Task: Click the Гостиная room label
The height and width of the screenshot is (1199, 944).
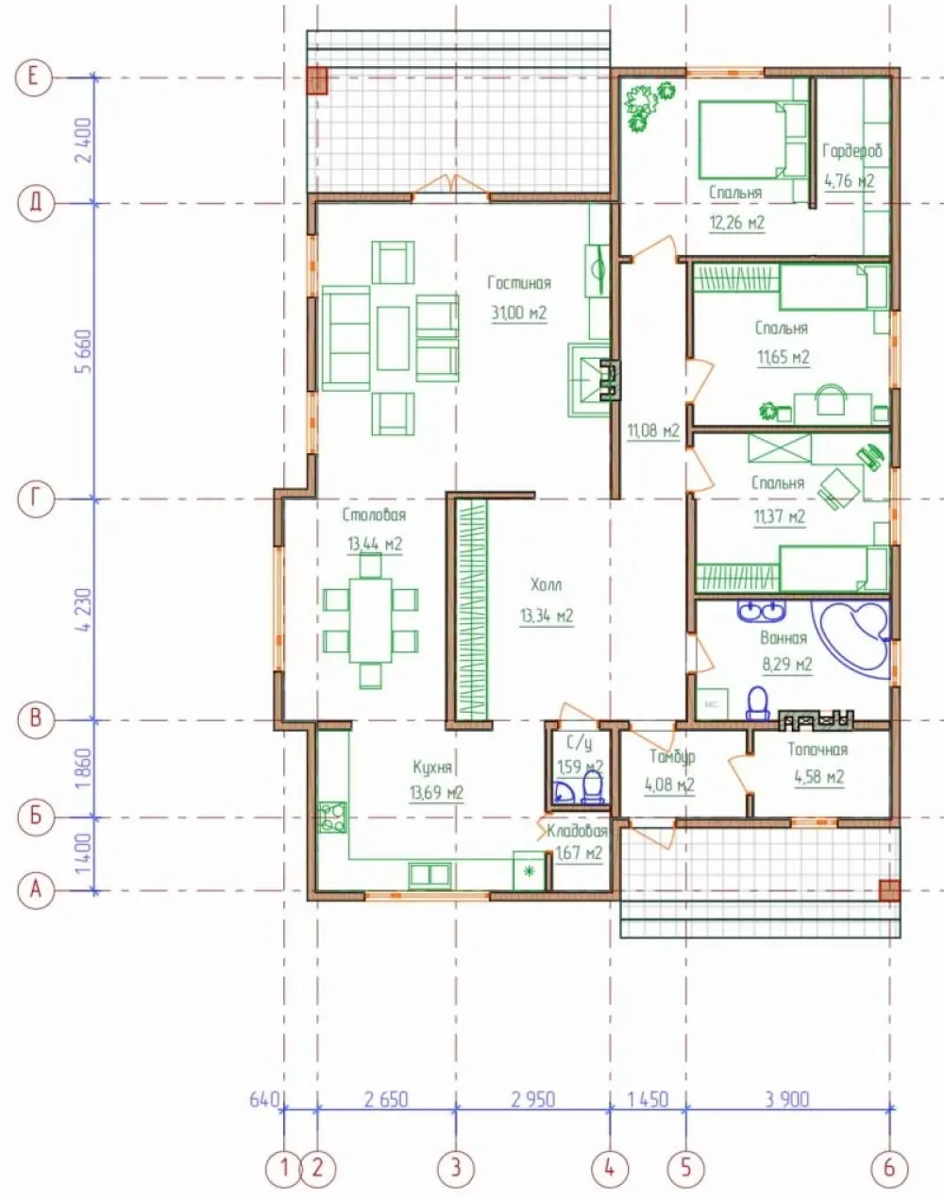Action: pyautogui.click(x=519, y=283)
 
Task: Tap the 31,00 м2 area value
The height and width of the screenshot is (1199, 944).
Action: pyautogui.click(x=519, y=312)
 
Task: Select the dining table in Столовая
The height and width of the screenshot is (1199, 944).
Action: pyautogui.click(x=371, y=620)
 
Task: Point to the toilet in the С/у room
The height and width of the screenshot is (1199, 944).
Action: pyautogui.click(x=593, y=787)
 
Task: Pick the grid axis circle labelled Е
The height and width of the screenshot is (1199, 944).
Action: pyautogui.click(x=33, y=76)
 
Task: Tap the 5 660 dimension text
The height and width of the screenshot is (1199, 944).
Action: pyautogui.click(x=85, y=351)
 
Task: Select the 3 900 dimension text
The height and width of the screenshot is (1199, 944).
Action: pyautogui.click(x=787, y=1099)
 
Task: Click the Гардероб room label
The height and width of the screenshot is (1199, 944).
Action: pyautogui.click(x=852, y=151)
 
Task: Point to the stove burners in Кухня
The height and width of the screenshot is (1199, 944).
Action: pyautogui.click(x=332, y=818)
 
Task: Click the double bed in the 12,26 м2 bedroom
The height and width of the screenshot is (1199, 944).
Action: pyautogui.click(x=752, y=140)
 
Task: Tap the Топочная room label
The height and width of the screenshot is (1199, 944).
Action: pyautogui.click(x=818, y=750)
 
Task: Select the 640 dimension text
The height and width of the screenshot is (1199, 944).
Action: pyautogui.click(x=264, y=1099)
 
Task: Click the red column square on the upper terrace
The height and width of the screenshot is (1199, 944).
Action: pyautogui.click(x=316, y=81)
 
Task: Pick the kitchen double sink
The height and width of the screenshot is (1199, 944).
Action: pyautogui.click(x=430, y=875)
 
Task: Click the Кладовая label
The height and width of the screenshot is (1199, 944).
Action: pyautogui.click(x=577, y=832)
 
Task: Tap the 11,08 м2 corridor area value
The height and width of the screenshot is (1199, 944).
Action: pyautogui.click(x=653, y=431)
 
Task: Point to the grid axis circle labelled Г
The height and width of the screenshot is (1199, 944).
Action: pyautogui.click(x=36, y=498)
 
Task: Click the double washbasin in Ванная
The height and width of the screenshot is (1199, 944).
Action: pyautogui.click(x=761, y=611)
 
